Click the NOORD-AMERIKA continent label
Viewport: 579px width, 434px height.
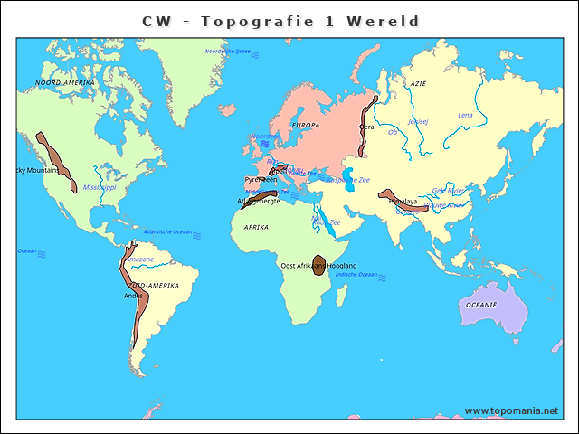[x=64, y=82]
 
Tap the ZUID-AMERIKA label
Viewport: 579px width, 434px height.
[x=154, y=285]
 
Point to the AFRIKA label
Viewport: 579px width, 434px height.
[x=256, y=227]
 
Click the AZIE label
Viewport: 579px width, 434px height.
[x=418, y=83]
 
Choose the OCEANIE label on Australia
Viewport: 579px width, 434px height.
[x=481, y=305]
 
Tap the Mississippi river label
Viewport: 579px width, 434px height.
[x=100, y=188]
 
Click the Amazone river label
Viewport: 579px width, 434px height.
[x=139, y=259]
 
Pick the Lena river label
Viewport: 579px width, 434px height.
[x=465, y=115]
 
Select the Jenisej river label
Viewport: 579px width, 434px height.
[x=418, y=121]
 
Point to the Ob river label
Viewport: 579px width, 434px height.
[x=393, y=132]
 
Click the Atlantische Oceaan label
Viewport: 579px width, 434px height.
[x=168, y=232]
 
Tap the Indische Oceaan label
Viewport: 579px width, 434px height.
[x=356, y=274]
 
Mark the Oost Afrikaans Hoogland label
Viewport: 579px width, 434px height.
[x=318, y=265]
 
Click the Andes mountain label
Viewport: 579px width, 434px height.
[x=133, y=296]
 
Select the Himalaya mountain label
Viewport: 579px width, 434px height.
[x=403, y=202]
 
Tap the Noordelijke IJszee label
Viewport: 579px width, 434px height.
[x=227, y=52]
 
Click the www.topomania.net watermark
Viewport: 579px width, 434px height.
[x=511, y=410]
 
